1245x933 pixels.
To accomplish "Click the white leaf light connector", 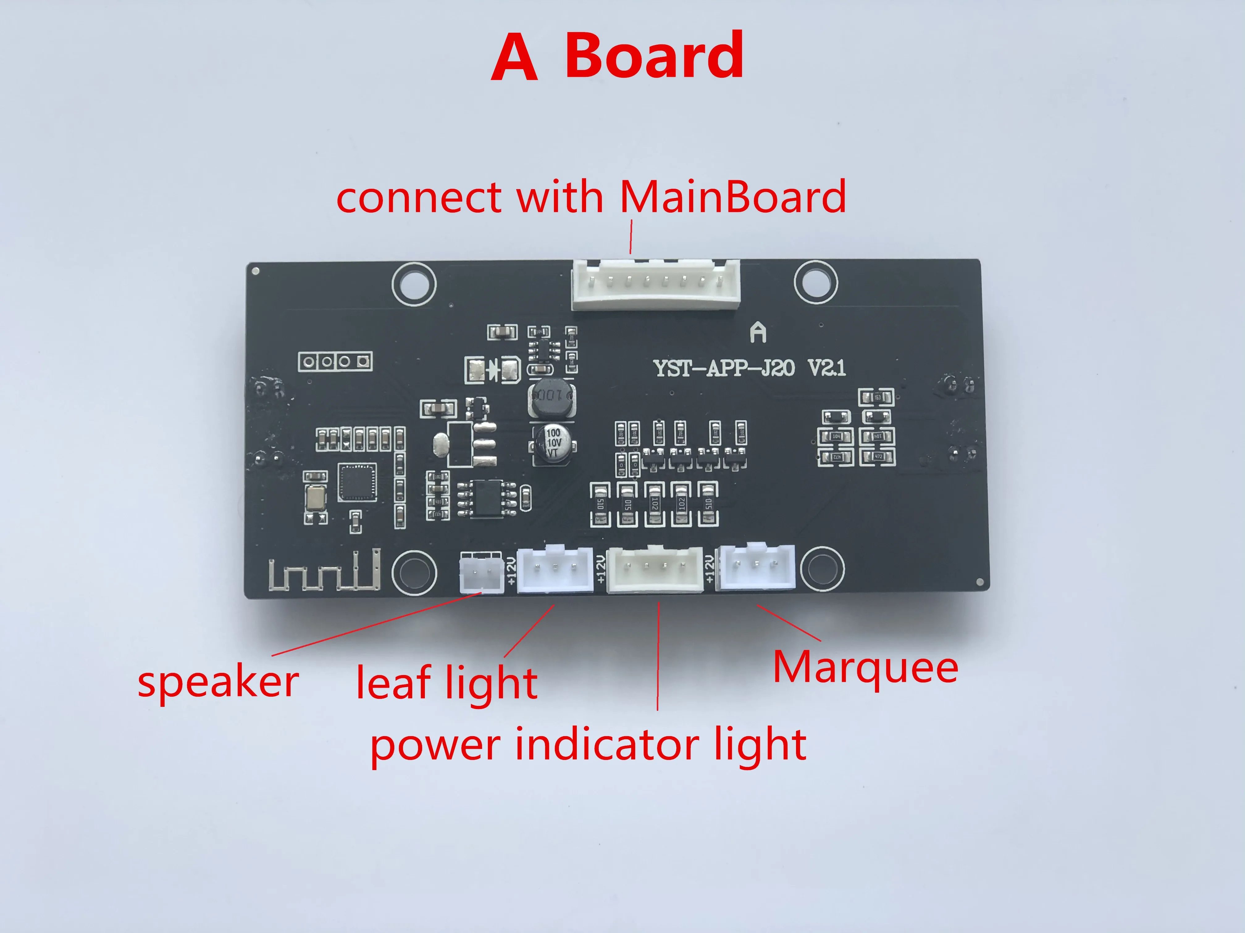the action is [554, 569].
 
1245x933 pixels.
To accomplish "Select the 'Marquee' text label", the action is [866, 668].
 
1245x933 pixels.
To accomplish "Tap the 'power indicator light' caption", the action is [588, 744].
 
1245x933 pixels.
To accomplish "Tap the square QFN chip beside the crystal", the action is [357, 482].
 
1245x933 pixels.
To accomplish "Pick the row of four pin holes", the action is [335, 361].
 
